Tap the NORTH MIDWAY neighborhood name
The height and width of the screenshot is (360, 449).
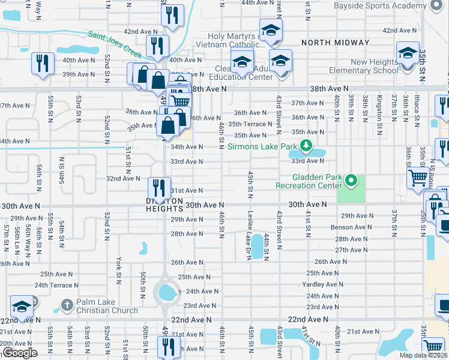(x=336, y=43)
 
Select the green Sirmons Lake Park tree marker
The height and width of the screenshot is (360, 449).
(x=306, y=145)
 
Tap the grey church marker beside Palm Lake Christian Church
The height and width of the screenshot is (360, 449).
(x=66, y=306)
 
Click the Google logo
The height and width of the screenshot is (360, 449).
(x=20, y=353)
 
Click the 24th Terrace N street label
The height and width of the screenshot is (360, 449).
(x=56, y=286)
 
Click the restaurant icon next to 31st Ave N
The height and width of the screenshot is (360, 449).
(x=159, y=187)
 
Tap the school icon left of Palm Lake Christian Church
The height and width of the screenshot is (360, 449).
(x=22, y=308)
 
